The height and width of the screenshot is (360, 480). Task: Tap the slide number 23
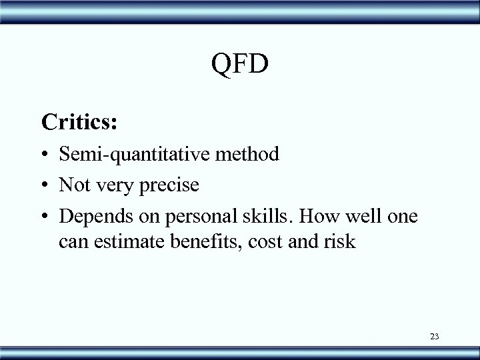click(x=434, y=336)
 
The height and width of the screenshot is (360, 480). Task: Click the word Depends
click(x=91, y=215)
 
